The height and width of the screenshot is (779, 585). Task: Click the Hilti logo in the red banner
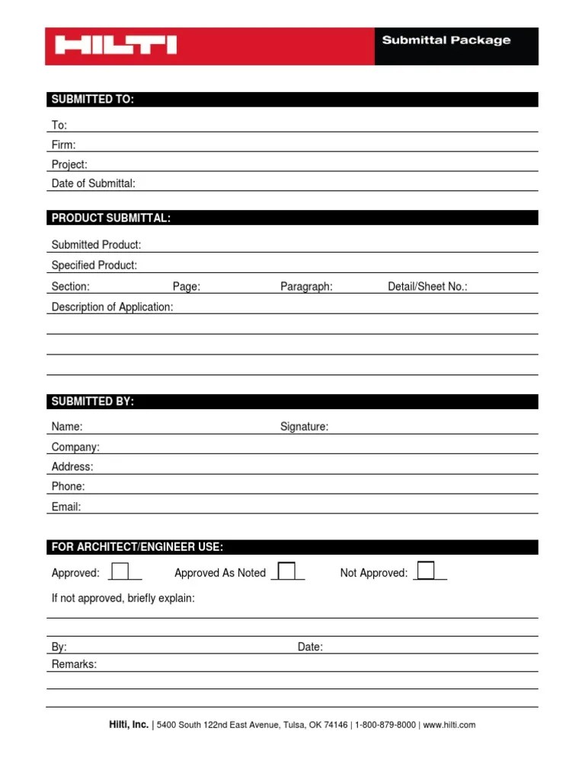[116, 45]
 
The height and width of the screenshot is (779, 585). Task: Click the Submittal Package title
[446, 40]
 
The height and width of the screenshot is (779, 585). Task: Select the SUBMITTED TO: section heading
[92, 100]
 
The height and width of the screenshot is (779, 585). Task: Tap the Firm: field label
[63, 145]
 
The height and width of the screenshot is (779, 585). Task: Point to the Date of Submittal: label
[93, 183]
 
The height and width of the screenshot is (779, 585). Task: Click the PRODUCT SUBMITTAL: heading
[110, 218]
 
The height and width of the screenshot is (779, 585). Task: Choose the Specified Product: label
[94, 265]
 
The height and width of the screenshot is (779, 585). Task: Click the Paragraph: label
[306, 287]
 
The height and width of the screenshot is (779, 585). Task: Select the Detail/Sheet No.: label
[427, 287]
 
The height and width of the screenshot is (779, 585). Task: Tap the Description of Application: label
[112, 307]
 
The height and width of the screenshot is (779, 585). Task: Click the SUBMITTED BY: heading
[92, 402]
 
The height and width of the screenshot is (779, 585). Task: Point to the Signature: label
[304, 427]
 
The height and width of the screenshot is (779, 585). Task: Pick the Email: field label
[66, 507]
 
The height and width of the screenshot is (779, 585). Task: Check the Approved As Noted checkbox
[286, 571]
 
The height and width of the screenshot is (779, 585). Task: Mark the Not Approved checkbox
[426, 571]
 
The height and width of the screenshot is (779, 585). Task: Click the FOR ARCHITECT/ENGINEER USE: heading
[137, 547]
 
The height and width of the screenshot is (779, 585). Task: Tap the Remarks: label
[74, 664]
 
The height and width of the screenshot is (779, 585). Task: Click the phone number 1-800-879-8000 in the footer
[386, 725]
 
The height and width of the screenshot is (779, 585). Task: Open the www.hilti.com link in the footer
[449, 725]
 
